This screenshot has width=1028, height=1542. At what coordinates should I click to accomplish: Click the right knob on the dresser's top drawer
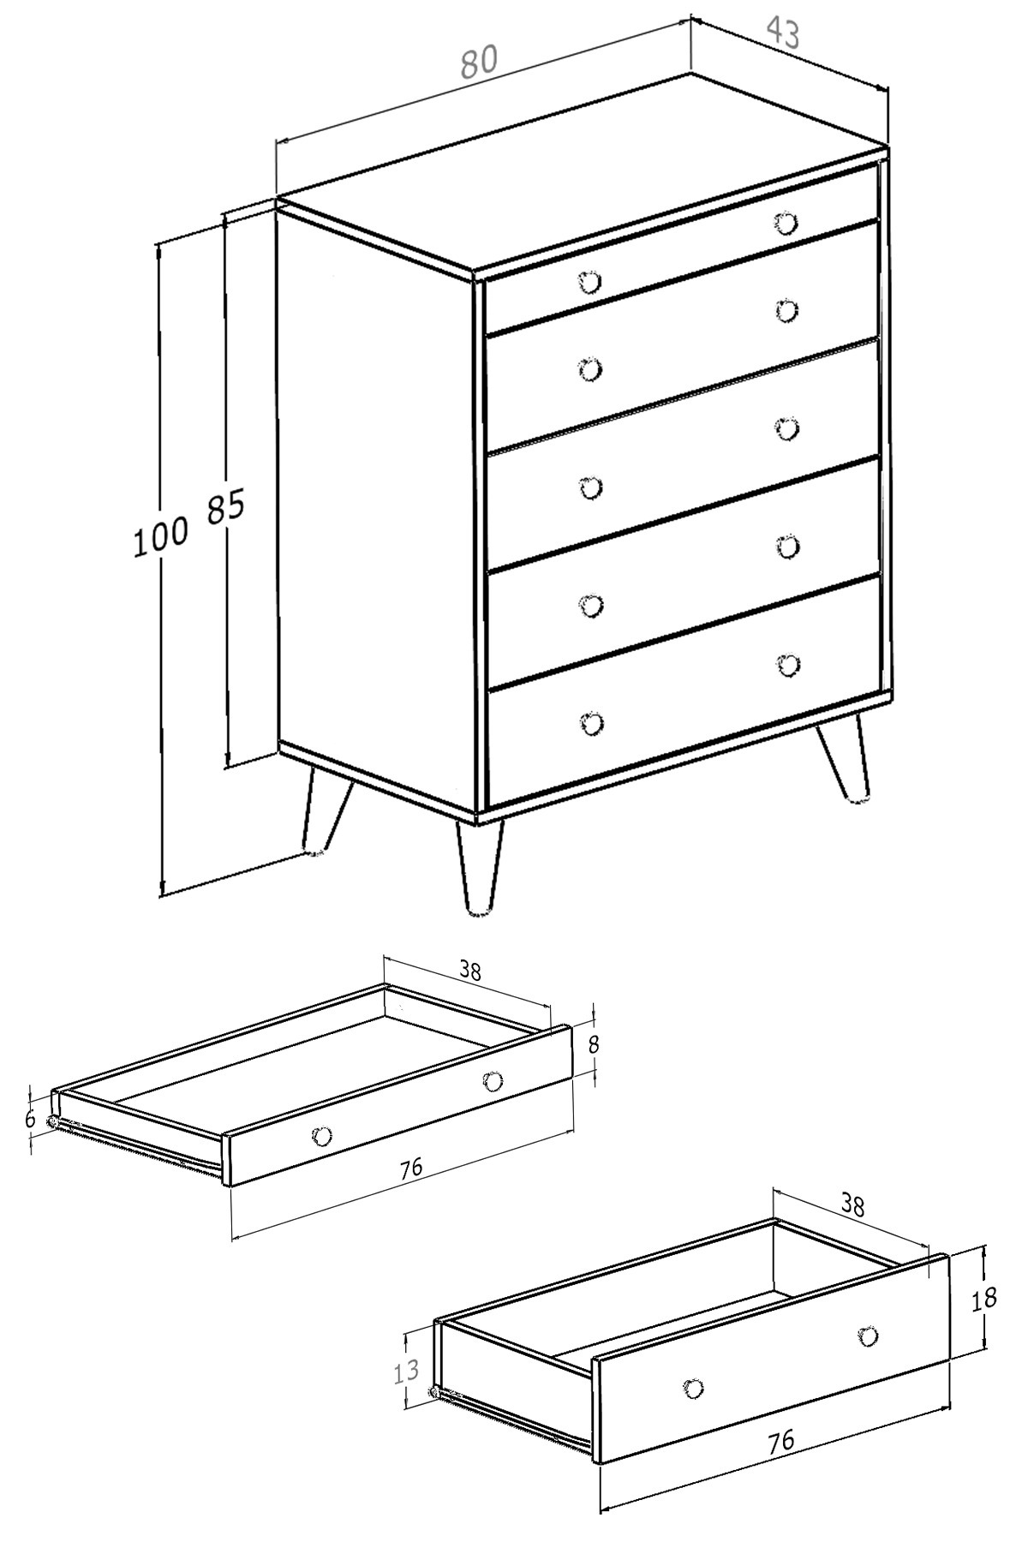point(786,224)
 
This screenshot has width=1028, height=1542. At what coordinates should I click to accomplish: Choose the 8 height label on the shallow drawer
point(595,1045)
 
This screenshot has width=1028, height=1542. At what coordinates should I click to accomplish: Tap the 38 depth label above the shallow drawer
point(469,971)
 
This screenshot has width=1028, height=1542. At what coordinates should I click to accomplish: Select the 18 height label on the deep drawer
point(984,1299)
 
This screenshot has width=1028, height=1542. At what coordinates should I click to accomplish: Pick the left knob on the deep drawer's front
point(692,1388)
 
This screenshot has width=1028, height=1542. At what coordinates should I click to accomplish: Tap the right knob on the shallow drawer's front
point(493,1081)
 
